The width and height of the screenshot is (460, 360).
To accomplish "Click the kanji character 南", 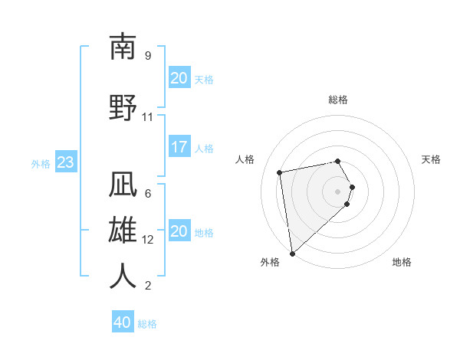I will point(123,47).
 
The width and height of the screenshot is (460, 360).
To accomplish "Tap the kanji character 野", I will point(123,108).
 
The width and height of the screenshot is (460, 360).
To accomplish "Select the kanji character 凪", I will point(123,185).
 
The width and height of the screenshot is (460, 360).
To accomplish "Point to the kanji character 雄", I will point(123,231).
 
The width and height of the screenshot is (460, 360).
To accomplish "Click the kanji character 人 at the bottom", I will point(123,276).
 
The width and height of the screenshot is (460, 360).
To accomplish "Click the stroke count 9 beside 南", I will point(147,56).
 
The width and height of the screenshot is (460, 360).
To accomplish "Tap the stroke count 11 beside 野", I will point(147,116).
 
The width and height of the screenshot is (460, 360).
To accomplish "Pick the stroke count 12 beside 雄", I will point(148,239).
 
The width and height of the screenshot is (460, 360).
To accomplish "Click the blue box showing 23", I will point(65,162).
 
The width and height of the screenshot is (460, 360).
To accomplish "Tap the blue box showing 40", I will point(123,322).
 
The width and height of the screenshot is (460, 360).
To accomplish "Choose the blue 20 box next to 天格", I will point(179,78).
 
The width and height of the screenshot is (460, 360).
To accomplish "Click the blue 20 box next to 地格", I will point(179,231).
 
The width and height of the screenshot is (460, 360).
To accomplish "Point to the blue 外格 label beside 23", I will point(41,163).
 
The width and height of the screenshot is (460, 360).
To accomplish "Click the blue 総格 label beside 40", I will point(148,324).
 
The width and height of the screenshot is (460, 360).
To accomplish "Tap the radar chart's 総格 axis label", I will point(338,100).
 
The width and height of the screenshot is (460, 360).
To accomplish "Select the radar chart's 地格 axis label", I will point(402,263).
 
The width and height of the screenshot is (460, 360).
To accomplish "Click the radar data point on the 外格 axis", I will point(292,254).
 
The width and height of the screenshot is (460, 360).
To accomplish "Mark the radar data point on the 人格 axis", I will point(280,172).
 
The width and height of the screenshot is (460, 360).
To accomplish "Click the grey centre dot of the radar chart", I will point(338,191).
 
